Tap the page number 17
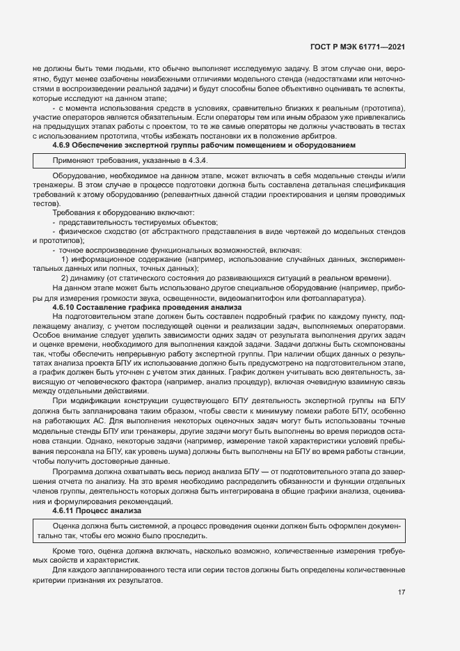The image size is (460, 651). [402, 593]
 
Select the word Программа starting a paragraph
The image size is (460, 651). [71, 473]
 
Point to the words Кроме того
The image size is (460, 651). [71, 551]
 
